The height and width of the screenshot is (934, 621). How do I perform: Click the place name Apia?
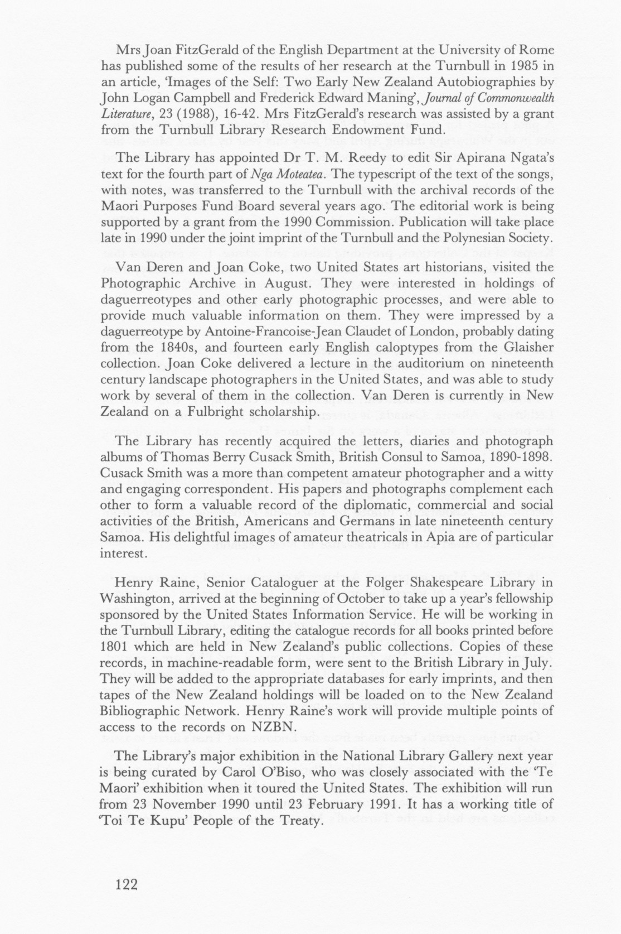[x=432, y=537]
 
